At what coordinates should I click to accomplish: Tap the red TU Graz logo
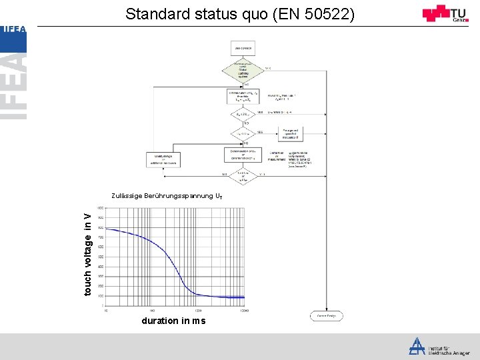(445, 13)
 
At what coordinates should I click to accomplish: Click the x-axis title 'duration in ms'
(173, 321)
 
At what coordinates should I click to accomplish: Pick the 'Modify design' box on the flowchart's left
(163, 160)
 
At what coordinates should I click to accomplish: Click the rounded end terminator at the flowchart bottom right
(325, 316)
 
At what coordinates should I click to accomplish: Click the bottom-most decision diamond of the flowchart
(243, 176)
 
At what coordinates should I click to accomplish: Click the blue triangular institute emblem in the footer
(417, 345)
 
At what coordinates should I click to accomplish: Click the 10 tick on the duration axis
(107, 311)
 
